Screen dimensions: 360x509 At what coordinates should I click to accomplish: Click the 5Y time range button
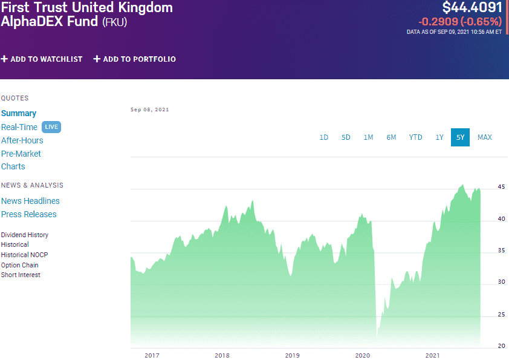(460, 137)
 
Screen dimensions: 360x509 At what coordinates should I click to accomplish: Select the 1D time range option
(323, 137)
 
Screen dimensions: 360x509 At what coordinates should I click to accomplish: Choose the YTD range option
(415, 137)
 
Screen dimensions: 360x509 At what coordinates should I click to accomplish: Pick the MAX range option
(484, 137)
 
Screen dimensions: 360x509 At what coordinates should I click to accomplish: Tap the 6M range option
(391, 137)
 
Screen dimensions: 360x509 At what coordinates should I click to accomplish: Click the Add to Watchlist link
(42, 59)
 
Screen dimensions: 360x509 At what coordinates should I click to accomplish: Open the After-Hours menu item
(22, 140)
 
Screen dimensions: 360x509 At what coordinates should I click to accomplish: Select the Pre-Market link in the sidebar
(21, 154)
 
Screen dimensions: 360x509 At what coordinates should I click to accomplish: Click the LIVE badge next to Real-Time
(51, 127)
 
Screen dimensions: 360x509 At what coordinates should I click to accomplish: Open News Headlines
(30, 201)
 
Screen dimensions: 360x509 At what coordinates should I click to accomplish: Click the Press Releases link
(28, 214)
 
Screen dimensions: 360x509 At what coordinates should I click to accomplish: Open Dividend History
(25, 235)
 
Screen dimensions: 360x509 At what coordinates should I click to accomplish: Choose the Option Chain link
(19, 265)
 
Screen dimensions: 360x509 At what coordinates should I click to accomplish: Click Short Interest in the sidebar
(21, 275)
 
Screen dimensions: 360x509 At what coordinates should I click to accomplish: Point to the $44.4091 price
(472, 8)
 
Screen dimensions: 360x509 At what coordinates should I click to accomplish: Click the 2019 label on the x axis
(293, 355)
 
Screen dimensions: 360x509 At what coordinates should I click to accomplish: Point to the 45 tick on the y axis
(501, 187)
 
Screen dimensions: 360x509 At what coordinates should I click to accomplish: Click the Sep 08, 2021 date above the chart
(149, 110)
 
